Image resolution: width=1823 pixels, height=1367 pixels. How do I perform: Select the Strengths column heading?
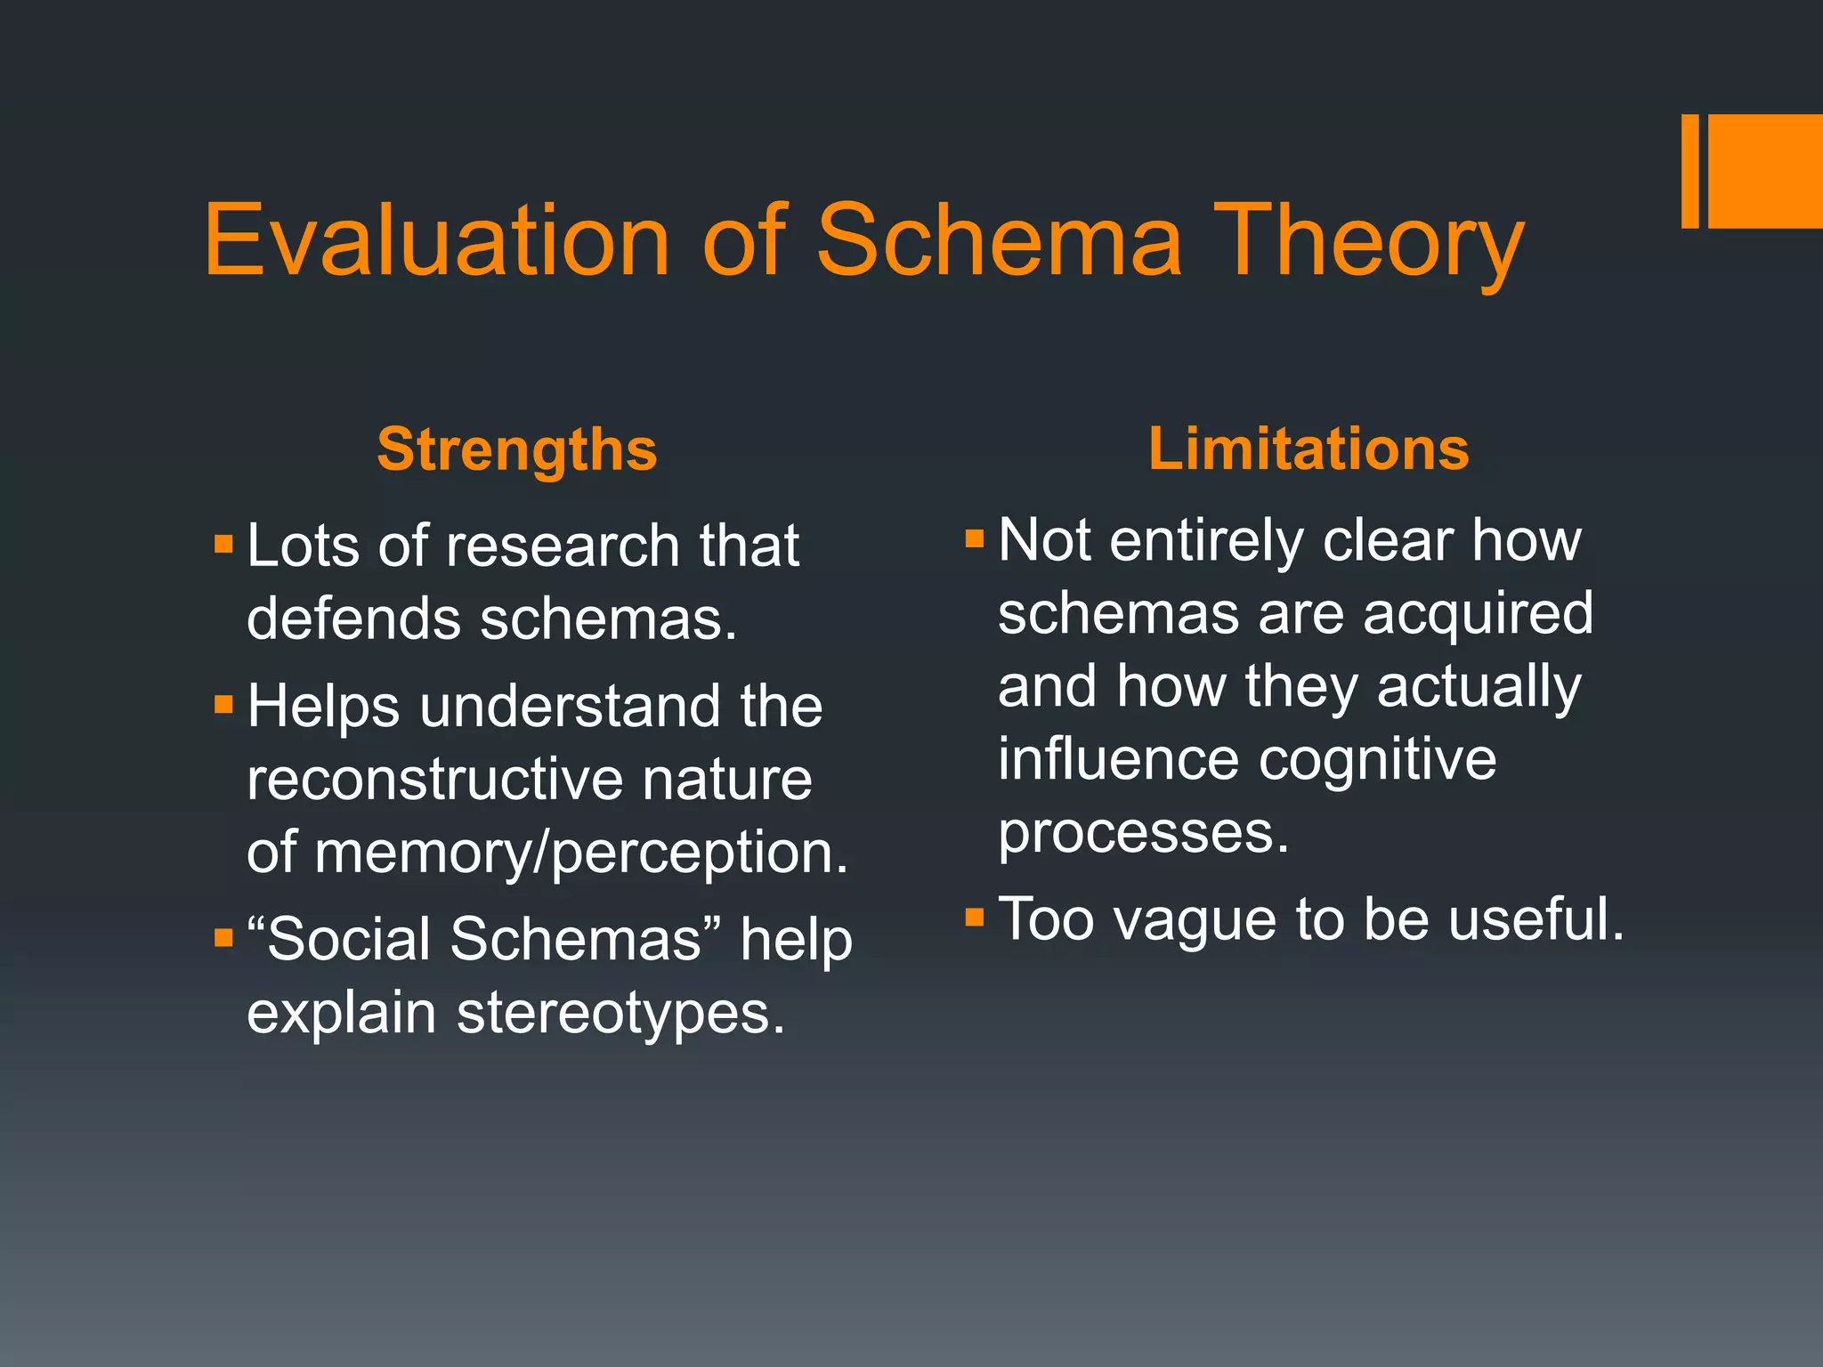click(516, 449)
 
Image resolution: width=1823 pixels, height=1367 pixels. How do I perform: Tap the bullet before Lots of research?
click(223, 543)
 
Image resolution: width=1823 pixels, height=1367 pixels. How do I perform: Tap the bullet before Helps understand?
click(223, 706)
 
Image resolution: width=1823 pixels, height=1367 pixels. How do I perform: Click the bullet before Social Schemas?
click(223, 938)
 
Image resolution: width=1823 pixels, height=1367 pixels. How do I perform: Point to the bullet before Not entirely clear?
click(975, 538)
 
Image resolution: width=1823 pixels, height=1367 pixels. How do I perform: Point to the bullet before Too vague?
click(975, 917)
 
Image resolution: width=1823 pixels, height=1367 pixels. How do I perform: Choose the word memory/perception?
click(580, 853)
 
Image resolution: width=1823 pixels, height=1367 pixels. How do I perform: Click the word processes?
click(1142, 833)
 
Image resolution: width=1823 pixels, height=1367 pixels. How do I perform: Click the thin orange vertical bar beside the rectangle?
click(1689, 171)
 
